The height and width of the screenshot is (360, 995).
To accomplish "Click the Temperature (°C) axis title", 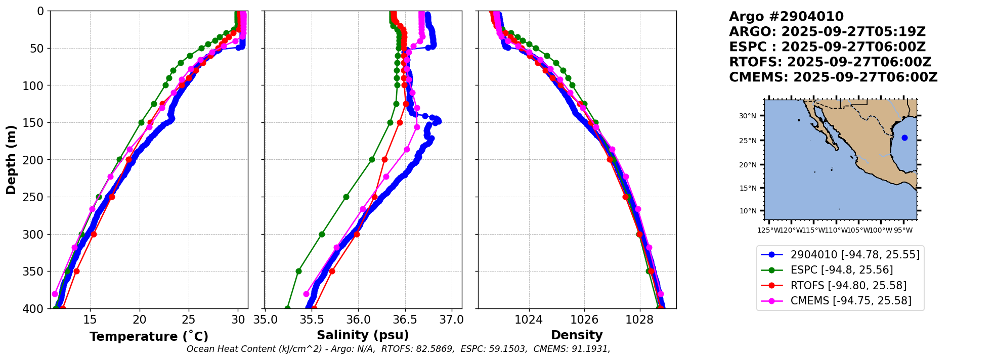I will pos(149,337).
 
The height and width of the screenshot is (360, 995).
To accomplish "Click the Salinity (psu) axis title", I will pos(363,335).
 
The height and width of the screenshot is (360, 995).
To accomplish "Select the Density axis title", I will pos(577,335).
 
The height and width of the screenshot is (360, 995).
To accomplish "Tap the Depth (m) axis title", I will pos(11,160).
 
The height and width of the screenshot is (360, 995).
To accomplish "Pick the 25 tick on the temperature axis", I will pos(189,320).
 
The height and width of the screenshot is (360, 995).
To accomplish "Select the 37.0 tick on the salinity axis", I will pos(451,320).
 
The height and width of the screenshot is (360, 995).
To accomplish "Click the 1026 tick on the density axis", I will pos(584,320).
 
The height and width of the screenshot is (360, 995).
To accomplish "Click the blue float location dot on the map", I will pos(904,138).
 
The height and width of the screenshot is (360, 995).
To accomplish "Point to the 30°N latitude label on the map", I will pos(748,116).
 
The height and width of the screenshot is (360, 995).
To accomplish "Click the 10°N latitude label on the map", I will pos(748,211).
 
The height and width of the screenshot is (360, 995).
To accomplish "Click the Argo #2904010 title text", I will pos(786,17).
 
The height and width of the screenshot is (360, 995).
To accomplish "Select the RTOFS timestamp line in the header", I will pos(830,62).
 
